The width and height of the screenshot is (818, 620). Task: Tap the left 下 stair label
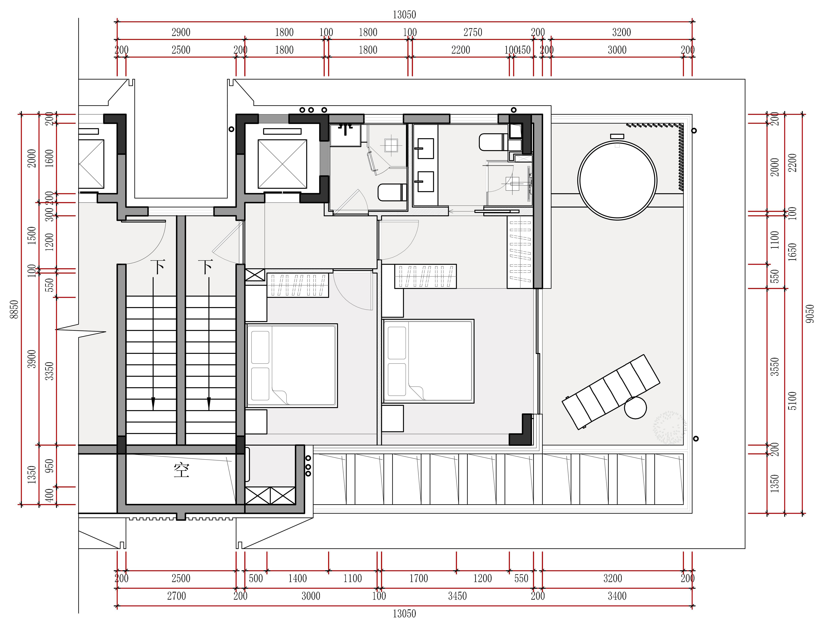158,267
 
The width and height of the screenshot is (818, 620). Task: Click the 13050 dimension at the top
404,15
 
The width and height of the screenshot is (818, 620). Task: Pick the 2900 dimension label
181,33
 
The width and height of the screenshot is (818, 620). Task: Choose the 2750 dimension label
473,33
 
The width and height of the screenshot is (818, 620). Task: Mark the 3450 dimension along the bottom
457,596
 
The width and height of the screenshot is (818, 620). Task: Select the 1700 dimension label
419,578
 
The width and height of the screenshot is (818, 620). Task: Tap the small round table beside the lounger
635,408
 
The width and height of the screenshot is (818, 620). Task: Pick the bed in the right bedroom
428,361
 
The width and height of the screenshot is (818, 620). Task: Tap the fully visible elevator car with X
282,164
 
